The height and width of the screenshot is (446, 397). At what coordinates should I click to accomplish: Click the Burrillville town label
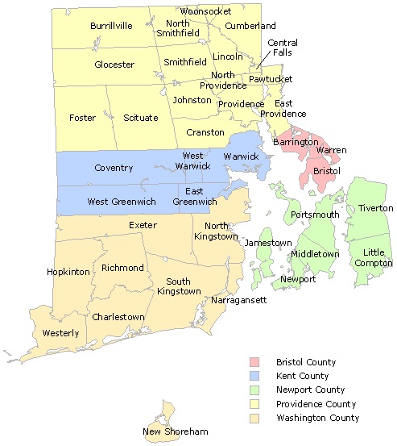click(x=111, y=27)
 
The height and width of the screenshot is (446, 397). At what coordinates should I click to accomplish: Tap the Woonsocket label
click(x=206, y=11)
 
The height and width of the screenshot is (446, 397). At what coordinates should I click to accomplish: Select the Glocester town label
click(x=114, y=65)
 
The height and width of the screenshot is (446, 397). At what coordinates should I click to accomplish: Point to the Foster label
click(x=82, y=118)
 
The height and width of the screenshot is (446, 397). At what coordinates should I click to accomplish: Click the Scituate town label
click(x=141, y=118)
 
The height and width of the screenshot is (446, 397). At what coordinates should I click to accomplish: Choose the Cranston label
click(x=205, y=131)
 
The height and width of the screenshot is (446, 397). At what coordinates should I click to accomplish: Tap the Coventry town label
click(x=114, y=168)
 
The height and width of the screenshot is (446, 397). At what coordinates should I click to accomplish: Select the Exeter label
click(x=143, y=225)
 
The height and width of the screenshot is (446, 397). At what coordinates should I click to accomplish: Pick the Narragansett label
click(x=239, y=300)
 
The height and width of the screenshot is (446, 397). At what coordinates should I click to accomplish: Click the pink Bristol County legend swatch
click(x=254, y=362)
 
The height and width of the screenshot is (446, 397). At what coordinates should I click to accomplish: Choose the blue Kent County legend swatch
click(x=254, y=376)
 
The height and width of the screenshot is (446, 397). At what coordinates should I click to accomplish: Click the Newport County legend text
click(x=307, y=390)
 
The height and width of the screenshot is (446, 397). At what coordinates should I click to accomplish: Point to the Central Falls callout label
click(x=283, y=48)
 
